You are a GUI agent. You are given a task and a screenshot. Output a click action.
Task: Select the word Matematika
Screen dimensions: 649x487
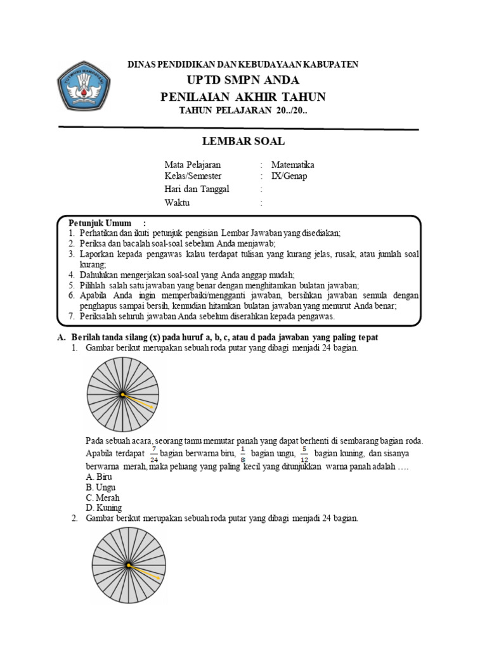point(292,165)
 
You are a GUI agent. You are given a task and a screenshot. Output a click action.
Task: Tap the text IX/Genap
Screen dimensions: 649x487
point(289,176)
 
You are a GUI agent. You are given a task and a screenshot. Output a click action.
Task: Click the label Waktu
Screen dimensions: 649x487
point(177,203)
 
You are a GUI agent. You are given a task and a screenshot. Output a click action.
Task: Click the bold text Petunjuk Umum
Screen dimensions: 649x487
point(100,223)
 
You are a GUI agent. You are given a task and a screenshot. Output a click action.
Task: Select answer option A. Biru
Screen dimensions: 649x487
point(100,477)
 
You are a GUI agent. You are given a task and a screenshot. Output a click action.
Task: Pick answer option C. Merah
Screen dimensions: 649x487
point(102,498)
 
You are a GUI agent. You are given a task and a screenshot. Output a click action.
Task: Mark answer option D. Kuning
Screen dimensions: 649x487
point(103,508)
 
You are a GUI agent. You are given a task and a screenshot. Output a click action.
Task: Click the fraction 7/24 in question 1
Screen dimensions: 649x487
point(154,455)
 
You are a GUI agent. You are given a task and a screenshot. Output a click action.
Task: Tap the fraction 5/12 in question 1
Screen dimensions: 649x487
point(304,455)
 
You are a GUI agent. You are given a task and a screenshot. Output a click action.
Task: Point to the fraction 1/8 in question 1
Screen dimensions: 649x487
point(242,455)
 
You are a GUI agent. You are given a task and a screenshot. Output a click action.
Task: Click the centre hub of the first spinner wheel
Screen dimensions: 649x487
point(122,395)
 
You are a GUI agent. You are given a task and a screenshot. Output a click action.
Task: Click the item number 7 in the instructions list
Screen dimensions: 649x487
point(72,316)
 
